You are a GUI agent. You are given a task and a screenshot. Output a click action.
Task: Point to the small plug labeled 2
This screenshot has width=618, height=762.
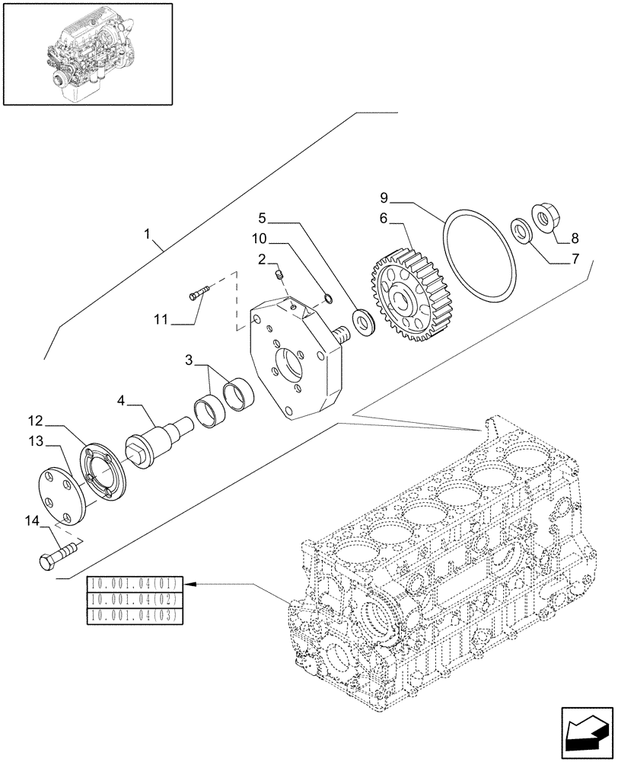point(280,273)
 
